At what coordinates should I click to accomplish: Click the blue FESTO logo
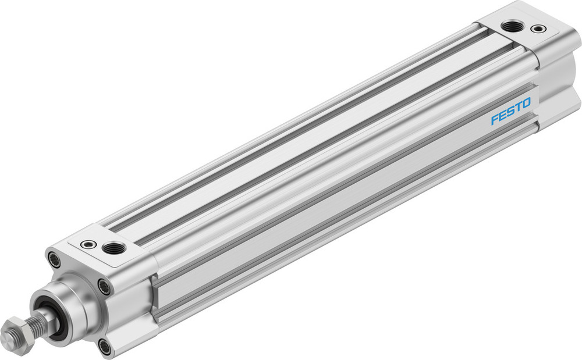coord(510,111)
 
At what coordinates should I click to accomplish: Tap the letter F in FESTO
coord(495,119)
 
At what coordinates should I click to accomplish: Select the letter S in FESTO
coord(511,111)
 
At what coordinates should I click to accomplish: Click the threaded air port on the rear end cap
coord(512,26)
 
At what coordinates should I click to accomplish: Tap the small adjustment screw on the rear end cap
coord(538,28)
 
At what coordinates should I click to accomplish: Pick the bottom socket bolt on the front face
coord(105,348)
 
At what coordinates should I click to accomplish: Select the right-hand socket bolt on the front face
coord(104,286)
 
